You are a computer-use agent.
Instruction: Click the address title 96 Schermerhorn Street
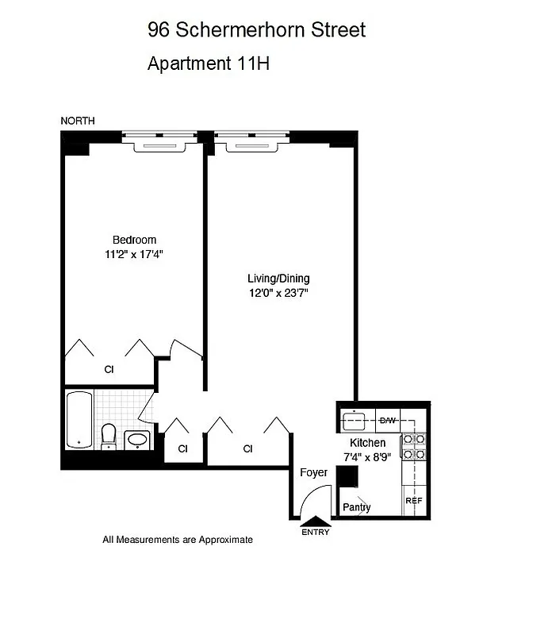pyautogui.click(x=256, y=30)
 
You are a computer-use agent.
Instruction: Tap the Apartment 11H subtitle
pyautogui.click(x=209, y=64)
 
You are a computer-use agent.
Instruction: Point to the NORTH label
pyautogui.click(x=78, y=121)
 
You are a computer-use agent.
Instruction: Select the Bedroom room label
pyautogui.click(x=134, y=240)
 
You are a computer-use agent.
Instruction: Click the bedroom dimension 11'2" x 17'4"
pyautogui.click(x=134, y=254)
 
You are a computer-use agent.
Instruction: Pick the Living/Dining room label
pyautogui.click(x=278, y=279)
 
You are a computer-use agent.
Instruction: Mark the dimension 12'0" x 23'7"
pyautogui.click(x=278, y=293)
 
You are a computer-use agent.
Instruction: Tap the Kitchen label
pyautogui.click(x=368, y=442)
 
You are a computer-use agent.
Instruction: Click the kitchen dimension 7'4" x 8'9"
pyautogui.click(x=368, y=456)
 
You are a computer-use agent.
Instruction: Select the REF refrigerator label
pyautogui.click(x=414, y=501)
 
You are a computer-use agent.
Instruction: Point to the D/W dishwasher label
pyautogui.click(x=388, y=420)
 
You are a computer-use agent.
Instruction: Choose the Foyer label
pyautogui.click(x=313, y=472)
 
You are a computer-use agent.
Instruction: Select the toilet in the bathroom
pyautogui.click(x=109, y=435)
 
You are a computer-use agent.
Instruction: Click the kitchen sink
pyautogui.click(x=351, y=420)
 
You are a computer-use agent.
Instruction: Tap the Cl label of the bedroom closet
pyautogui.click(x=109, y=369)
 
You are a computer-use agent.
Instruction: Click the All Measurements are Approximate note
pyautogui.click(x=178, y=540)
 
